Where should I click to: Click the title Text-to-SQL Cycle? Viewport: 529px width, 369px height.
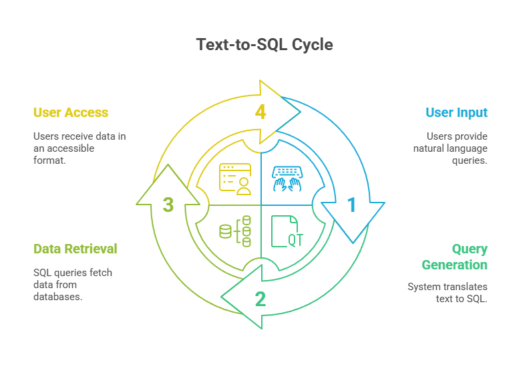tap(264, 45)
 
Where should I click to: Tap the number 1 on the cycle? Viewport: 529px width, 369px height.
tap(351, 205)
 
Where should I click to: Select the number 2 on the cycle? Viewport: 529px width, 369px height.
tap(260, 298)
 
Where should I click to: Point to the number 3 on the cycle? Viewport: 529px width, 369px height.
tap(168, 205)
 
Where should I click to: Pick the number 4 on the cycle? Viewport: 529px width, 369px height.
tap(260, 112)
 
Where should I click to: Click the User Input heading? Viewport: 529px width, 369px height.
tap(456, 112)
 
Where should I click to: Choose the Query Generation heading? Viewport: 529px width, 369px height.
tap(455, 257)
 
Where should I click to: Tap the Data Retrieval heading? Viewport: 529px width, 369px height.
tap(75, 249)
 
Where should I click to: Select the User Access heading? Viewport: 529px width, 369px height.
tap(71, 112)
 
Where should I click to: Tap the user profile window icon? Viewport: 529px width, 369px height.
tap(235, 178)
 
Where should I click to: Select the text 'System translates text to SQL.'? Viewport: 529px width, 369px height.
tap(448, 292)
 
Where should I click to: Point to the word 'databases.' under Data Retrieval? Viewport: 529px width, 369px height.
tap(57, 296)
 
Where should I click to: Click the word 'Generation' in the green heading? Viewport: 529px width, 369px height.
tap(455, 265)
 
